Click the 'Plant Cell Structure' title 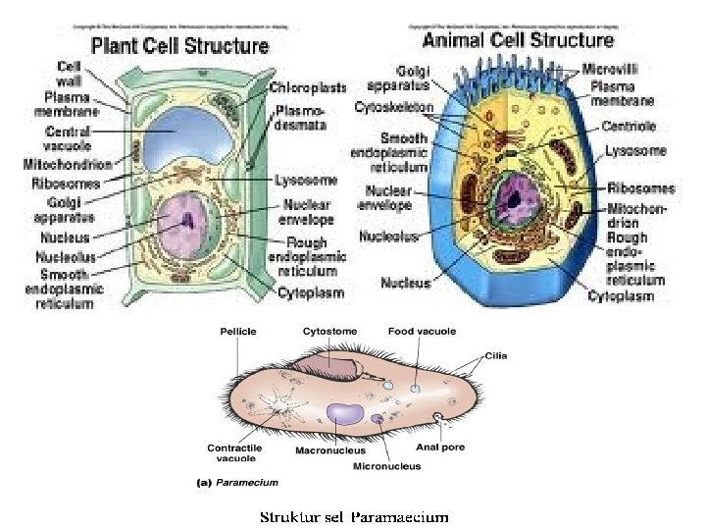point(179,46)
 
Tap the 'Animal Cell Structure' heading point(518,40)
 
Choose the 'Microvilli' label point(613,69)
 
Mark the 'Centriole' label point(630,127)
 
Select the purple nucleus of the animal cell point(515,200)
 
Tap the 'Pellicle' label point(236,332)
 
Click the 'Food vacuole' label point(422,332)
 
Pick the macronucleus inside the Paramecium point(344,412)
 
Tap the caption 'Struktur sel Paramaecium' point(353,516)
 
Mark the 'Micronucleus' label point(387,466)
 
